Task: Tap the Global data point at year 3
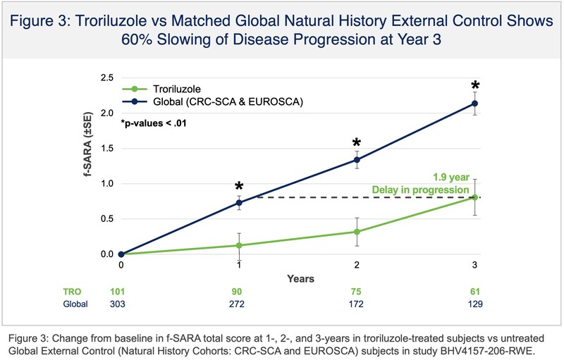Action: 475,104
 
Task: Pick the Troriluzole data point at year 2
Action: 357,232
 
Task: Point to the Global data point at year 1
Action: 239,202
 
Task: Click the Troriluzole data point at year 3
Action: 475,197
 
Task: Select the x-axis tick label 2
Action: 357,265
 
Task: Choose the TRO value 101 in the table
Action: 121,292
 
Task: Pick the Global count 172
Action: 357,304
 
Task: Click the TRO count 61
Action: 475,292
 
